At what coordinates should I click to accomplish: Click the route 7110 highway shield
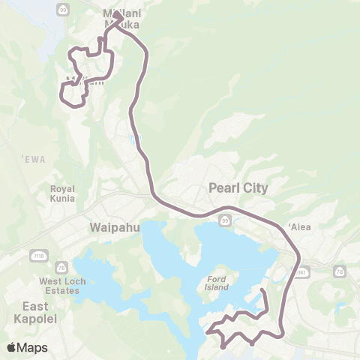click(x=38, y=256)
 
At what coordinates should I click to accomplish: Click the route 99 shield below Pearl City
click(x=226, y=220)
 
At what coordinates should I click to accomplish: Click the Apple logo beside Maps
click(x=12, y=346)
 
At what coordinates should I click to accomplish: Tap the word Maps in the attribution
click(x=33, y=347)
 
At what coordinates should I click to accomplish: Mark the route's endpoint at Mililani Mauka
click(x=118, y=14)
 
